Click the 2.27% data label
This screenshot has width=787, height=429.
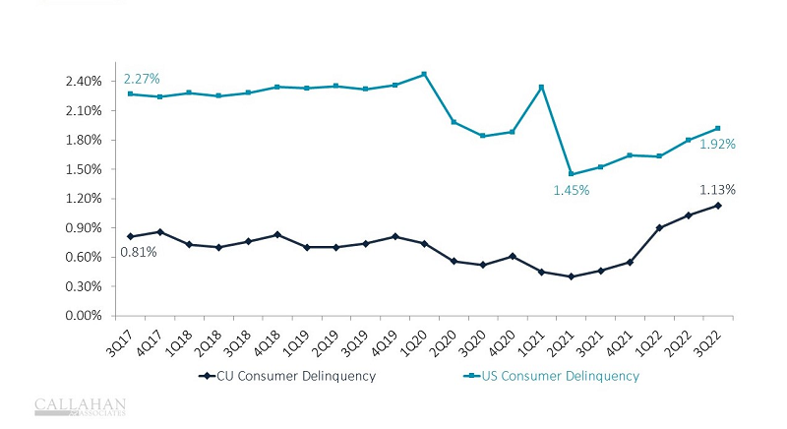(142, 79)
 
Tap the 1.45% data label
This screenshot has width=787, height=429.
(571, 190)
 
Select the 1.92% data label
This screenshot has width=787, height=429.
(717, 144)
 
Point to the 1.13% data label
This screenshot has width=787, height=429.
(717, 189)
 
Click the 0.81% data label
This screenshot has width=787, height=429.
(138, 253)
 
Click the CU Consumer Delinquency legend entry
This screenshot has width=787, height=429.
(275, 376)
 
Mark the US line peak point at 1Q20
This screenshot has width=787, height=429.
(424, 74)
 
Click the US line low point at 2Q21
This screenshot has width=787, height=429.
(571, 174)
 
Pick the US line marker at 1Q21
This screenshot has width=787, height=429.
(541, 87)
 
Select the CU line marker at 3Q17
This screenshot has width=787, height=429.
(131, 236)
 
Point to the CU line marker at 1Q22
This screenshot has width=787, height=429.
(658, 227)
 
